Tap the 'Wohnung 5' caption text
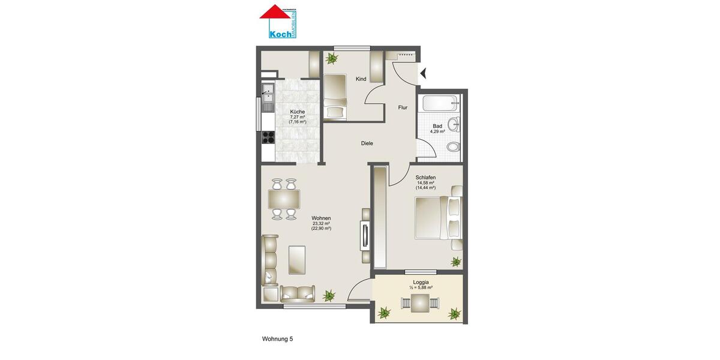(x=277, y=339)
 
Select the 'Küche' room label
(x=297, y=112)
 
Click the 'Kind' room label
(x=361, y=79)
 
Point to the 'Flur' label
(x=403, y=108)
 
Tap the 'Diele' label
(x=367, y=143)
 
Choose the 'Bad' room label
(x=437, y=126)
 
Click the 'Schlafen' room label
(x=425, y=178)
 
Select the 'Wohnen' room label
(x=322, y=218)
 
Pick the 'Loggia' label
(x=421, y=281)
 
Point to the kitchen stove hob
(x=268, y=139)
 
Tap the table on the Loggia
(x=420, y=304)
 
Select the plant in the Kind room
(x=331, y=59)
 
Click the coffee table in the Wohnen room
(x=299, y=259)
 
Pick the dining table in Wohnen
(x=283, y=198)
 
